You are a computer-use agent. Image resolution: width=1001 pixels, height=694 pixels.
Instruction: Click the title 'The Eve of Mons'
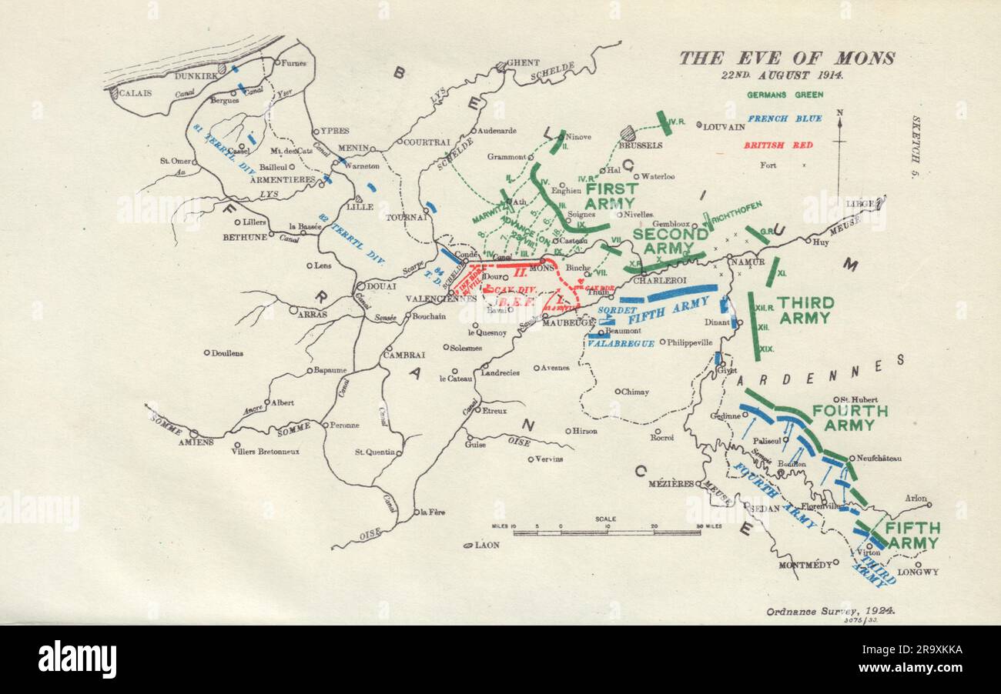click(786, 58)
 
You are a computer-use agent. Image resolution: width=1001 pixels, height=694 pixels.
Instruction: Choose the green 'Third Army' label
click(805, 310)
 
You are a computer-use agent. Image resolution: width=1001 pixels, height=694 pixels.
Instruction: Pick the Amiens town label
click(196, 442)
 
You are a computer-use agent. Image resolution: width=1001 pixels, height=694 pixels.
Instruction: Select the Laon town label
click(487, 545)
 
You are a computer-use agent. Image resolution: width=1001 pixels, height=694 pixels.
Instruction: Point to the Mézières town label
click(671, 484)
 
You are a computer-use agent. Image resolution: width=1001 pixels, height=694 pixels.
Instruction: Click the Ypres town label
click(335, 131)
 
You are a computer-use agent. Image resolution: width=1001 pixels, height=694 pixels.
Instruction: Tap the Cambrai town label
click(405, 355)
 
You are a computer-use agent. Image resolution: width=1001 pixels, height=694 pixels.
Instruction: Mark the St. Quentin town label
click(375, 452)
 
